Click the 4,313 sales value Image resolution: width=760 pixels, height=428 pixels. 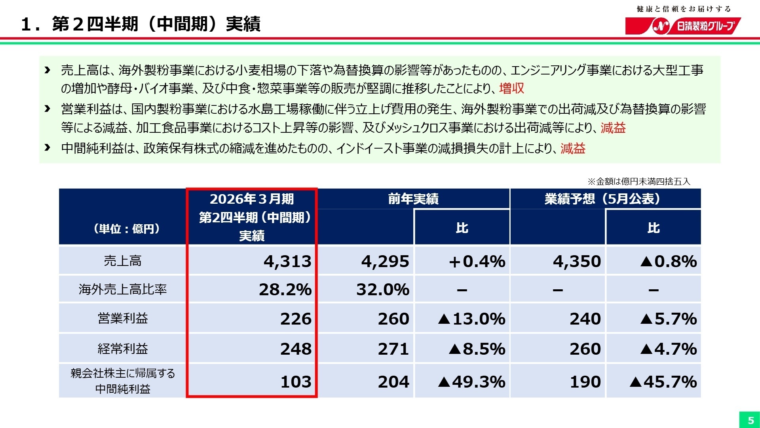287,262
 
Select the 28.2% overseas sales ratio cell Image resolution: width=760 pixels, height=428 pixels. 285,290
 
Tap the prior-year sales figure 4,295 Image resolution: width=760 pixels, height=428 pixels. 385,262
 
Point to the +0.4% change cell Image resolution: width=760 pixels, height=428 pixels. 477,262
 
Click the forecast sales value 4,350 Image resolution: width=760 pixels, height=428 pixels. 577,262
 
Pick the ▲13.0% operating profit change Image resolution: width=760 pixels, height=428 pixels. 471,319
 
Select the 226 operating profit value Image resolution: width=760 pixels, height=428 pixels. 296,319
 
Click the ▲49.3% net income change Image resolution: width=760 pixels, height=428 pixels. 471,382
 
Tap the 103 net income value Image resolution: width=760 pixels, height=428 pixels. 296,382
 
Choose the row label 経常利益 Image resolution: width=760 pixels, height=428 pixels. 123,349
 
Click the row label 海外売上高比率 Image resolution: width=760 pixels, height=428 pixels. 123,290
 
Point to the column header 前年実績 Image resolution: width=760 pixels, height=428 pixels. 413,199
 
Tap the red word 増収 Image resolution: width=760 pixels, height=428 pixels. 511,88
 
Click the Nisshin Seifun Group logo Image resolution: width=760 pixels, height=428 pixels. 683,26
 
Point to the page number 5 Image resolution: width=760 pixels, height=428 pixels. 750,420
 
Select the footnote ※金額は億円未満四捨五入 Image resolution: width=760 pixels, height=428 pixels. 639,182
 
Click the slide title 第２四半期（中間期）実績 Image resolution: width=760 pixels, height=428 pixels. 156,24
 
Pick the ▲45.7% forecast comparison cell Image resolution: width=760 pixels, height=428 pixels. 663,382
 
